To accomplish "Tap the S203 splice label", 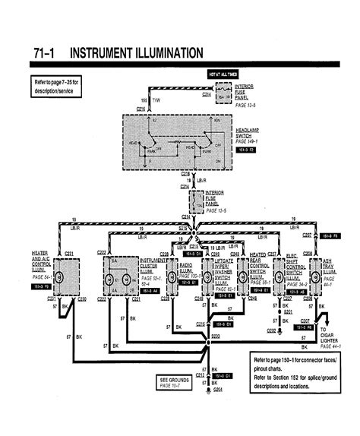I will [x=215, y=334].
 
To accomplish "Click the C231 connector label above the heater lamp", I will [x=68, y=251].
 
